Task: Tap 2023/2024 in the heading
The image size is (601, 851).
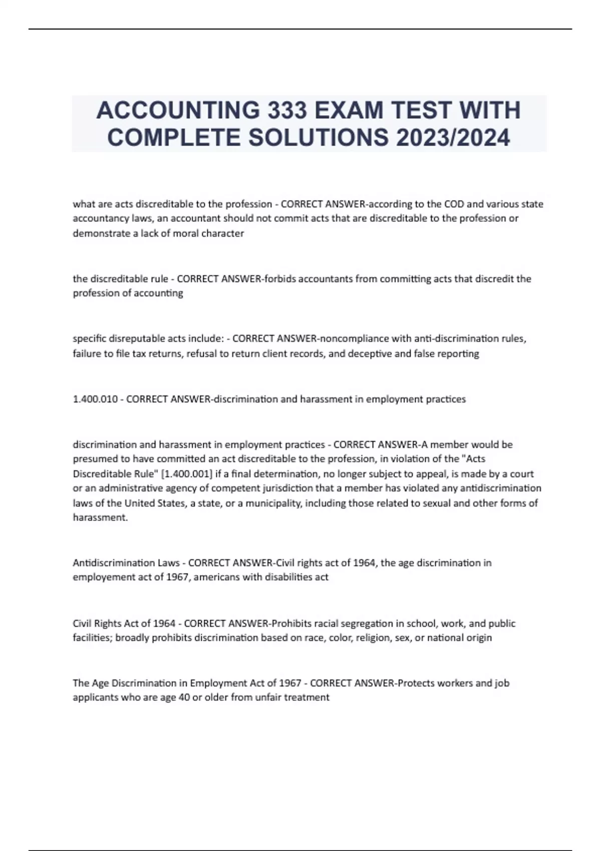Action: (x=453, y=137)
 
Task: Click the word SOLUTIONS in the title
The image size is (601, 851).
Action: (x=319, y=137)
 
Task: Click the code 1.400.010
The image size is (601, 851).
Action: (x=95, y=399)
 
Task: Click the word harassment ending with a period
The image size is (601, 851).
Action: (x=101, y=518)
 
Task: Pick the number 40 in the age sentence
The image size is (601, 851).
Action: (x=183, y=697)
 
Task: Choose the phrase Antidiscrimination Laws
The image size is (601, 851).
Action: (x=126, y=563)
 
